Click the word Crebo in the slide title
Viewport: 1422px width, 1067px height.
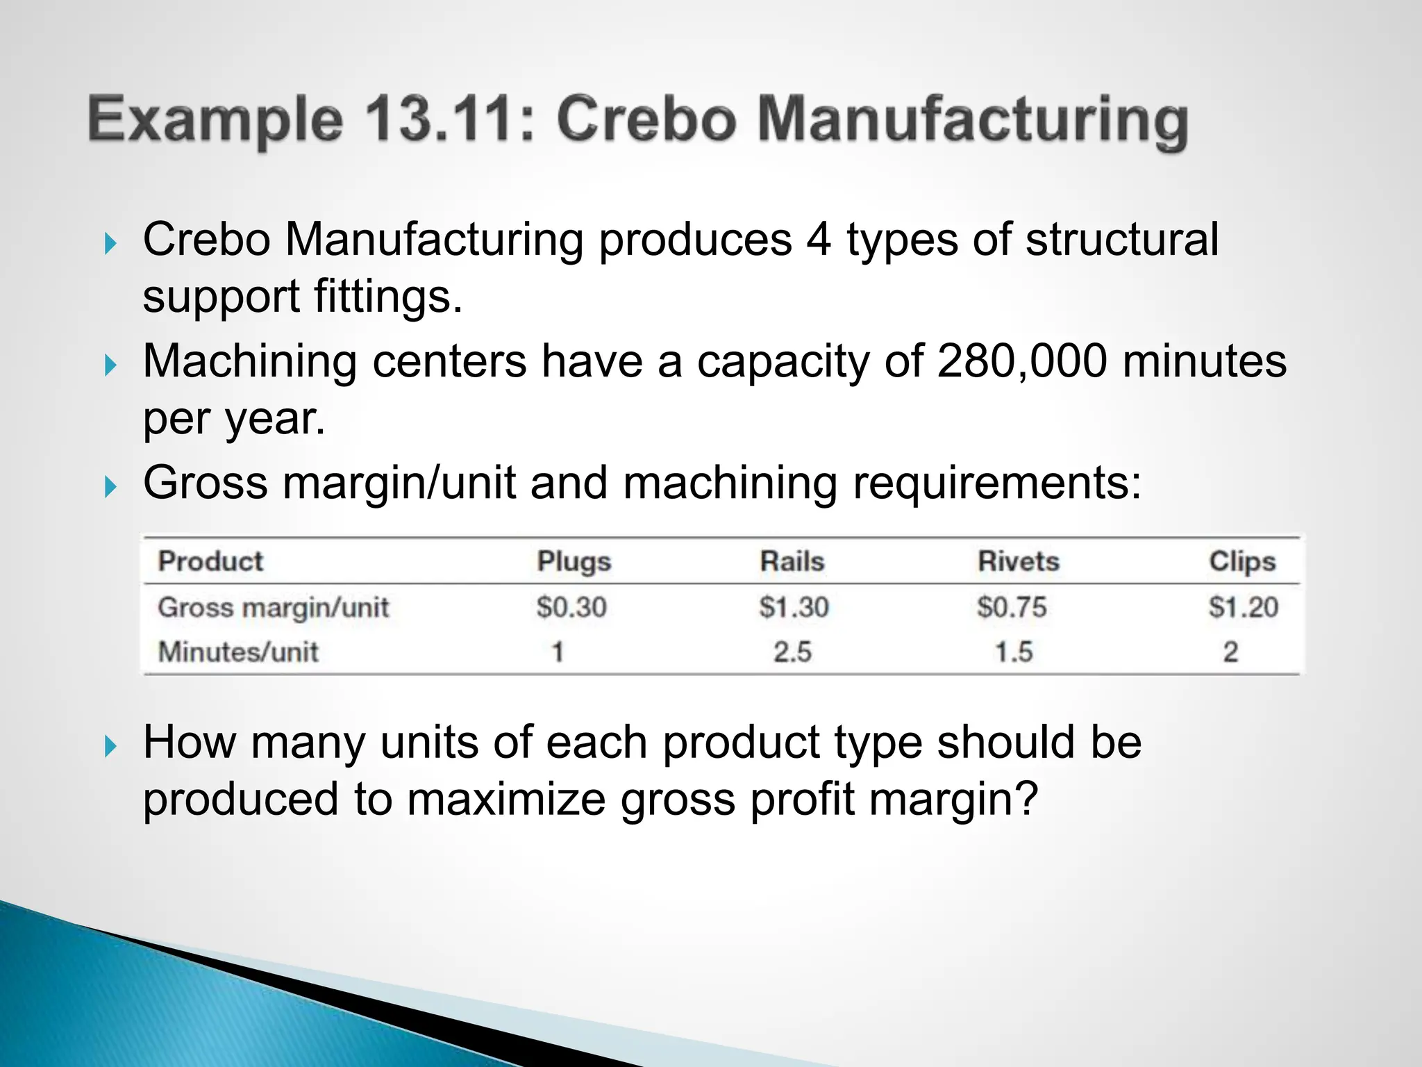646,119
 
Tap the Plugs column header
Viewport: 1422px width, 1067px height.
574,561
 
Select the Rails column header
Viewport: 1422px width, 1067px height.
792,561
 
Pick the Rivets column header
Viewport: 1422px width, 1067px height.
1019,561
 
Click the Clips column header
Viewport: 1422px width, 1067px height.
1242,561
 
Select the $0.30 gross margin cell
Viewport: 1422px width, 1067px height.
571,607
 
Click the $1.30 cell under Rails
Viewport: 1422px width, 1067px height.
794,607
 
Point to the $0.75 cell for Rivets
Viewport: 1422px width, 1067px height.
1012,607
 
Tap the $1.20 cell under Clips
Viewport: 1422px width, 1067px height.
1243,607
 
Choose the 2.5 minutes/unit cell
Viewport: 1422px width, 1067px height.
792,652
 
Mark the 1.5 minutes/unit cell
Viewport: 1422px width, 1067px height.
1014,652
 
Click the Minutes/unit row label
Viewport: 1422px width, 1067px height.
238,652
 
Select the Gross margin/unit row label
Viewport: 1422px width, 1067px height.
273,608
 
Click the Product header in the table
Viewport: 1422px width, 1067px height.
210,561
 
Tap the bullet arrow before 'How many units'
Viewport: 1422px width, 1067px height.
110,747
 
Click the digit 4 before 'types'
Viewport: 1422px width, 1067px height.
819,240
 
